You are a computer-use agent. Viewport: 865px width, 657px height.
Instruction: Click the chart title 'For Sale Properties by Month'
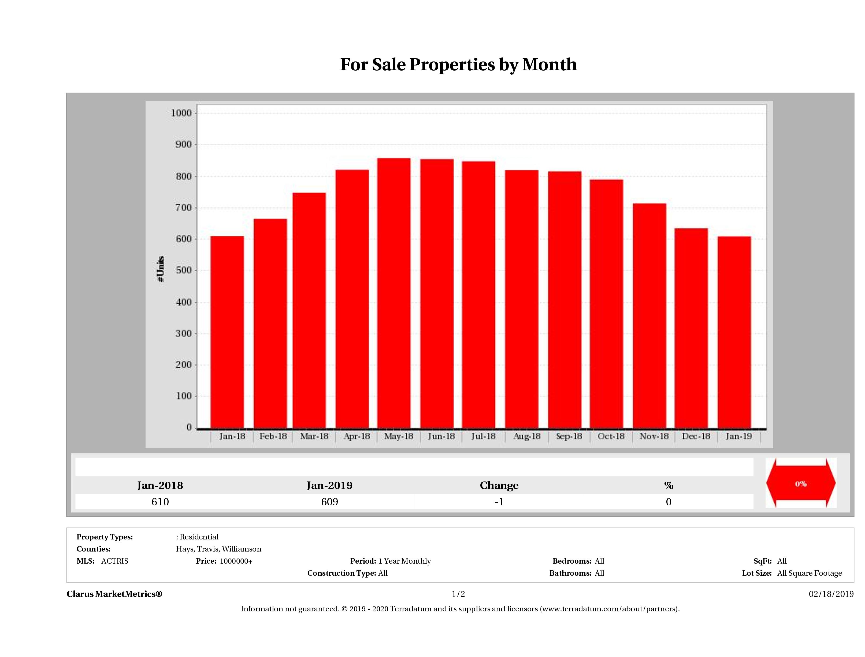(458, 65)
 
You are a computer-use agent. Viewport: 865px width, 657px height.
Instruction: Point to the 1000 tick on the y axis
(181, 113)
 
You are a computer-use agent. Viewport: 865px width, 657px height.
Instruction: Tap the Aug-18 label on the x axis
(526, 436)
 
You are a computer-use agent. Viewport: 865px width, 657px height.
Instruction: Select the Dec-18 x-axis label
(696, 436)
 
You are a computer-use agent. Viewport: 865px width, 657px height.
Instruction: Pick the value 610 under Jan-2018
(160, 502)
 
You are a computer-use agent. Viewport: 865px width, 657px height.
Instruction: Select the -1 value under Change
(499, 502)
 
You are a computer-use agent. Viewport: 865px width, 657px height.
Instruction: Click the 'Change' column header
(499, 486)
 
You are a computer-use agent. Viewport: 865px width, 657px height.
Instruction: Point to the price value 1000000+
(236, 561)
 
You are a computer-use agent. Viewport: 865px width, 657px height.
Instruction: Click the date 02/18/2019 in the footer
(831, 594)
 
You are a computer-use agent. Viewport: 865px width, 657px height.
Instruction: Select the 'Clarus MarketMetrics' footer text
(114, 594)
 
